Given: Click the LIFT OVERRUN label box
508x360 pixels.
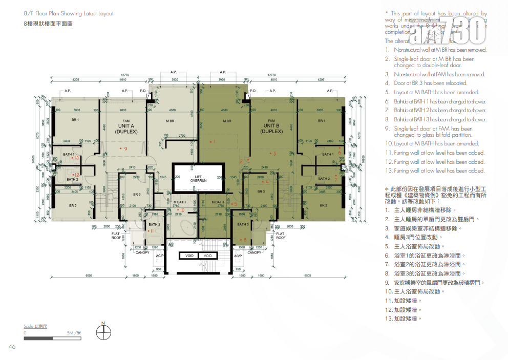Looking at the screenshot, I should pos(198,178).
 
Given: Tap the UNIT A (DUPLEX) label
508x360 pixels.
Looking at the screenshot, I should pos(126,128).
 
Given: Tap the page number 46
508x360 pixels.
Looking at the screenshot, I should pos(13,347).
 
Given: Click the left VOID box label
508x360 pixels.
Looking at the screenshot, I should pos(189,256).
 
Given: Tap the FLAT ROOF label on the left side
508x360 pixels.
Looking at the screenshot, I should pos(116,236).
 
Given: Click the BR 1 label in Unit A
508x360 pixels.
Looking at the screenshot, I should pos(75,121).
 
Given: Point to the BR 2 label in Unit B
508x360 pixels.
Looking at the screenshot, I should pos(323,205).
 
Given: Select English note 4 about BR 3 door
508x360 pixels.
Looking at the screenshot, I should pos(430,83).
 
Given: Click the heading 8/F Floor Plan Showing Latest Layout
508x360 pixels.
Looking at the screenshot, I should pos(68,13).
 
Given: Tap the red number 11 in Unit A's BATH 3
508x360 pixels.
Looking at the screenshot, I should pos(151,231).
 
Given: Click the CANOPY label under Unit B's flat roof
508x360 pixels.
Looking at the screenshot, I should pos(254,252).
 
